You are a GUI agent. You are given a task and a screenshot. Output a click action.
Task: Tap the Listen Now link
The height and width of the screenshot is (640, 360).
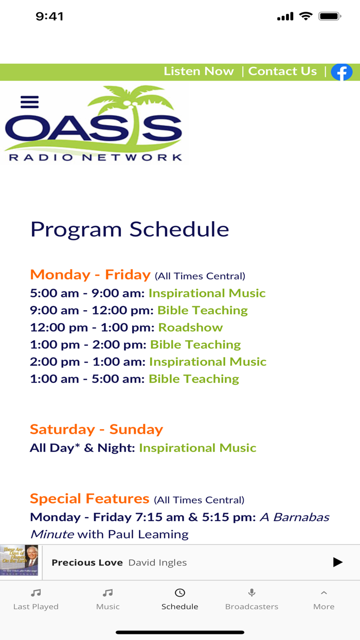(x=199, y=72)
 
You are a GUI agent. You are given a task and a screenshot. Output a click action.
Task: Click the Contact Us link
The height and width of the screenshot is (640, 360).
(x=282, y=72)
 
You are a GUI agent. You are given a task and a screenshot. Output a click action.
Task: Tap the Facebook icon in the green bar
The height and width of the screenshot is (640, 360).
(x=341, y=72)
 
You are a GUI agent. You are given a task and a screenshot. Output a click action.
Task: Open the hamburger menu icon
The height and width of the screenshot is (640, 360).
(x=30, y=102)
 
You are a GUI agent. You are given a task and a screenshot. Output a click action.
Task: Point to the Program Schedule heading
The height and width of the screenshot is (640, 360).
(x=130, y=229)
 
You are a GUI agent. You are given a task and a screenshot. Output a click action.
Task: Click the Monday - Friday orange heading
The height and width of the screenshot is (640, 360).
(x=90, y=275)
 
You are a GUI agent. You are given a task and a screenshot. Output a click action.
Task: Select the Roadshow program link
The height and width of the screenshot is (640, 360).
(x=190, y=328)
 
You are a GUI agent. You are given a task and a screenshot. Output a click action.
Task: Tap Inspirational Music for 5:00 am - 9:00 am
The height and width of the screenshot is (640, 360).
(x=207, y=293)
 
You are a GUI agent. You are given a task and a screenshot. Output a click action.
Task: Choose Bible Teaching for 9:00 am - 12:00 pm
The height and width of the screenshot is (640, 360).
(x=202, y=310)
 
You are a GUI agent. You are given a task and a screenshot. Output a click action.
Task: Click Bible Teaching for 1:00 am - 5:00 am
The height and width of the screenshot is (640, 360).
(x=194, y=379)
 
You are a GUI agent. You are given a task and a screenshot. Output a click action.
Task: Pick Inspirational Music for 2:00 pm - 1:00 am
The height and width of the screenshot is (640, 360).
(x=208, y=362)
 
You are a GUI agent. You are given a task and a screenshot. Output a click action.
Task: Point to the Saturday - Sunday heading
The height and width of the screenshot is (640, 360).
(x=96, y=429)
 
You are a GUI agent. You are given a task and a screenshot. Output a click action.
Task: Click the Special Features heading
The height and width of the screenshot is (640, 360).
(x=89, y=499)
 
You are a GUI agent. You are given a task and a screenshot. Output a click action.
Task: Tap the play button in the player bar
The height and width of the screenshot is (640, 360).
(x=337, y=562)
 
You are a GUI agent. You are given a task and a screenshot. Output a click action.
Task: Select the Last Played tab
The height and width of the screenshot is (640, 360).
(x=36, y=599)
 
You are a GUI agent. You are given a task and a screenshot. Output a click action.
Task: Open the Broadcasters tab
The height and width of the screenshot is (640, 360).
(x=251, y=599)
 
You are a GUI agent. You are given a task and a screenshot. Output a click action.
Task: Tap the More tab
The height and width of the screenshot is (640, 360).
(x=323, y=599)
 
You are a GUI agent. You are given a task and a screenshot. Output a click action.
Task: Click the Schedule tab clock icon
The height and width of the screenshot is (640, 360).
(x=180, y=593)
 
